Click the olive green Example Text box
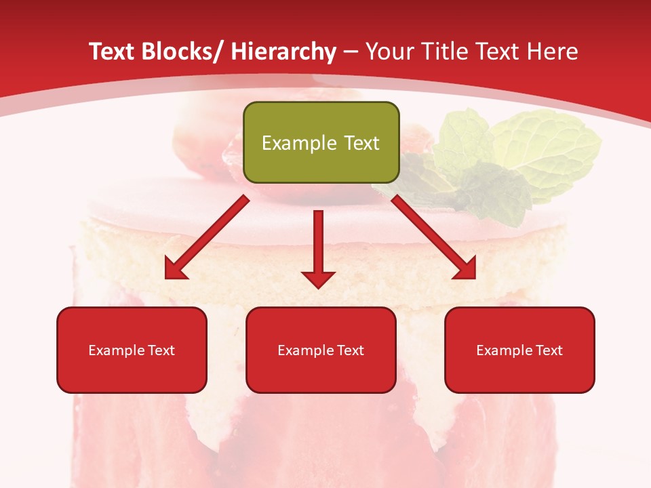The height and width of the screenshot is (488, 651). [321, 142]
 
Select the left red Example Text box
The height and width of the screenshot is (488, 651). [132, 350]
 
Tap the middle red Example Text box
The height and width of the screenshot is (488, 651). [321, 350]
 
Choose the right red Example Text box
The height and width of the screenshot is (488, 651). [519, 350]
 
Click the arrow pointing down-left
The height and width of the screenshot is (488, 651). [207, 237]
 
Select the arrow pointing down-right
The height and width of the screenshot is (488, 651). [434, 237]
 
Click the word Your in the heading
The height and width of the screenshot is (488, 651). [388, 52]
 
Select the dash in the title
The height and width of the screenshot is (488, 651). [351, 52]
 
